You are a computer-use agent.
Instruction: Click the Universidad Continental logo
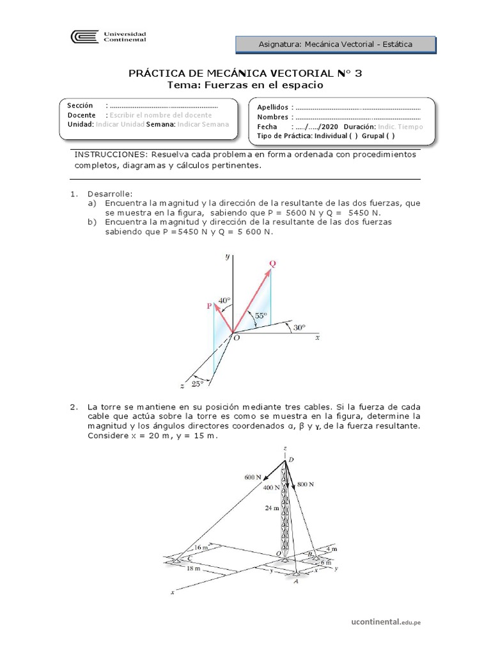110,37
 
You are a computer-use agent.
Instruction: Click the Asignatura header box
336,44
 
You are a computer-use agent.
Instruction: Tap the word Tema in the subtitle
183,85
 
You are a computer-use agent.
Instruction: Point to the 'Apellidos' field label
272,107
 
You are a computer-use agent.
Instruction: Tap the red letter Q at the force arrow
272,264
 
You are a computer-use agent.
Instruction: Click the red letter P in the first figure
209,306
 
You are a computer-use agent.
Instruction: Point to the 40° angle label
224,300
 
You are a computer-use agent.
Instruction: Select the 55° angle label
261,315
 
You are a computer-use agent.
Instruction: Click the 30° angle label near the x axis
299,327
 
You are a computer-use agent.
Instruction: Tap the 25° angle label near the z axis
198,384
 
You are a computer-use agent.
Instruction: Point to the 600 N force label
253,477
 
